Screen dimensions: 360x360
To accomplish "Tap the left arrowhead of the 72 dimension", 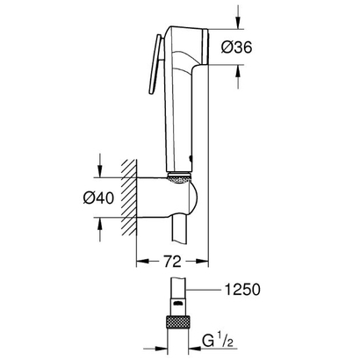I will point(142,262).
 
